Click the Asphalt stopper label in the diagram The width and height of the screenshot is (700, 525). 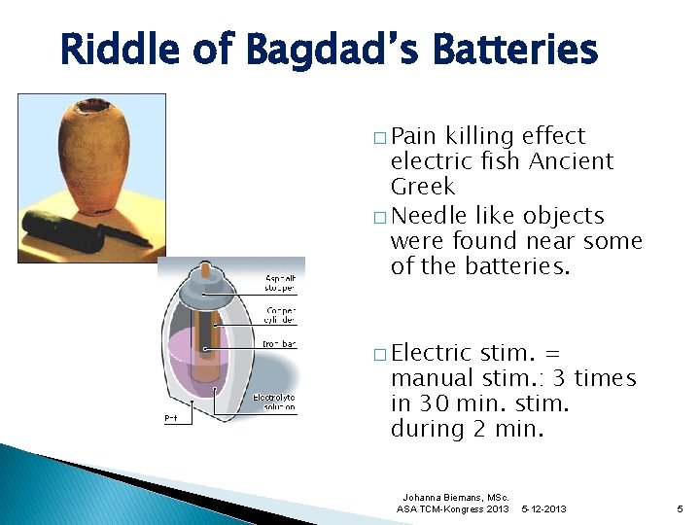click(281, 283)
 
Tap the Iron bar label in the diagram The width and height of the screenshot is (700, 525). click(280, 344)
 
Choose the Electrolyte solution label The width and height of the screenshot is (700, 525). click(274, 402)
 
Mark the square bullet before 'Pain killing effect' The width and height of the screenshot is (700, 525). click(377, 137)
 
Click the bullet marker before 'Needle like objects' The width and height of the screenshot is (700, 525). click(377, 217)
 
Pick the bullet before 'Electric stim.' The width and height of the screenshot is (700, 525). click(377, 355)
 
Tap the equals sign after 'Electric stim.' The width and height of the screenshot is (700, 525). click(566, 353)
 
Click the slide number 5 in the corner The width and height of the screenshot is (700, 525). click(680, 508)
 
